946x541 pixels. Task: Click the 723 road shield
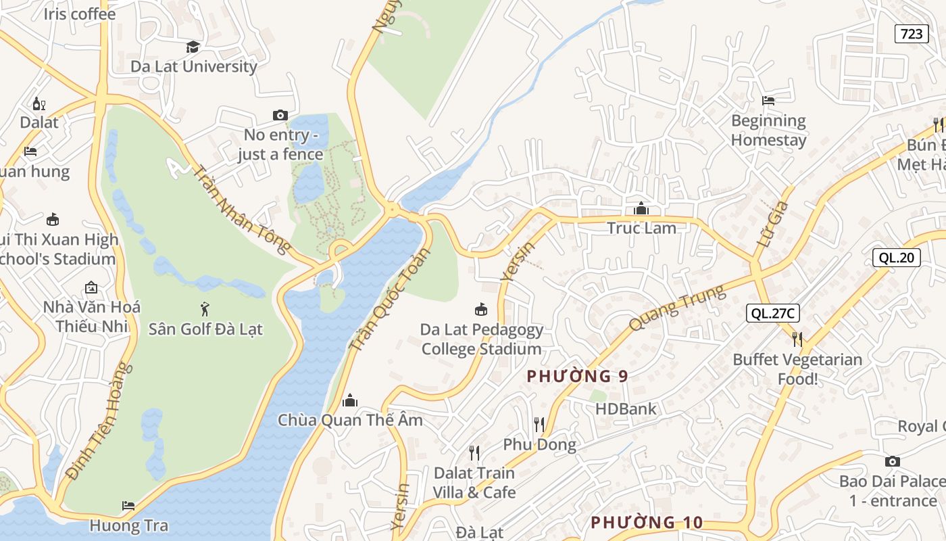tap(912, 33)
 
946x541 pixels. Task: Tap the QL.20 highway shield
tap(896, 257)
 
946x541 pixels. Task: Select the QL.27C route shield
tap(773, 313)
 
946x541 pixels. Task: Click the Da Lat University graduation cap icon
tap(193, 47)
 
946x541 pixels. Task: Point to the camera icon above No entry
tap(280, 116)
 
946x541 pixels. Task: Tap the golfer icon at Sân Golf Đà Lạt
tap(205, 310)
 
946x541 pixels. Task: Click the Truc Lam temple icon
tap(641, 208)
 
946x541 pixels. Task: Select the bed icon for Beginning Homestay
tap(768, 101)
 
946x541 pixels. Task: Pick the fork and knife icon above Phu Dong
tap(539, 425)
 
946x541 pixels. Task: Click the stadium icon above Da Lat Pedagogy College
tap(481, 310)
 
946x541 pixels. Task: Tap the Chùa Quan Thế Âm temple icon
tap(349, 400)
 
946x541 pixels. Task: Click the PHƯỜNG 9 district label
tap(577, 376)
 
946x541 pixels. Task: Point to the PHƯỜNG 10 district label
tap(647, 522)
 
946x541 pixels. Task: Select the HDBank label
tap(625, 408)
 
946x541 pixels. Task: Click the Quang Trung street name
tap(677, 308)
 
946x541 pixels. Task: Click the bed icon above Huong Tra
tap(128, 505)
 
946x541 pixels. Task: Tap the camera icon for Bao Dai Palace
tap(893, 461)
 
